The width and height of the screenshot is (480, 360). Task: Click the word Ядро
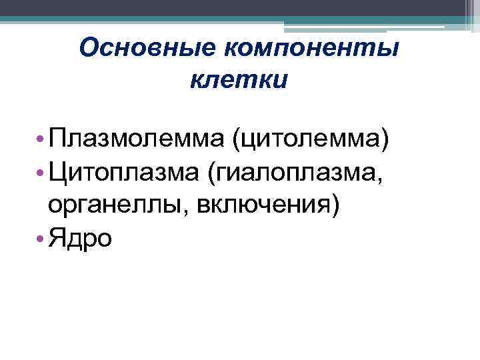[80, 238]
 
